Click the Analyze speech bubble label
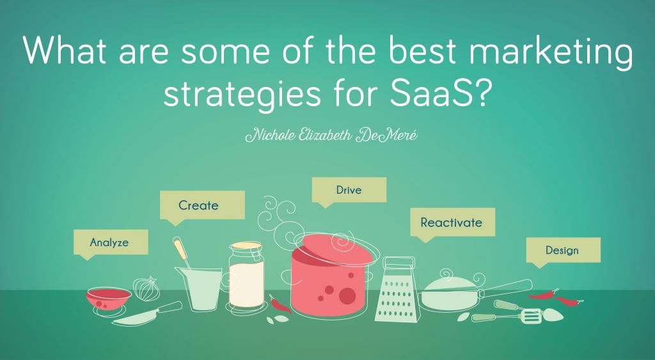pos(109,242)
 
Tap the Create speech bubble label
pos(198,205)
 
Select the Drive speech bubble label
pos(349,190)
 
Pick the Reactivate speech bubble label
pos(451,223)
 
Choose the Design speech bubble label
pos(562,249)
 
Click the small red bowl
pos(109,296)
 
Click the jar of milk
pos(246,276)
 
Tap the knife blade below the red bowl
pos(138,315)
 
